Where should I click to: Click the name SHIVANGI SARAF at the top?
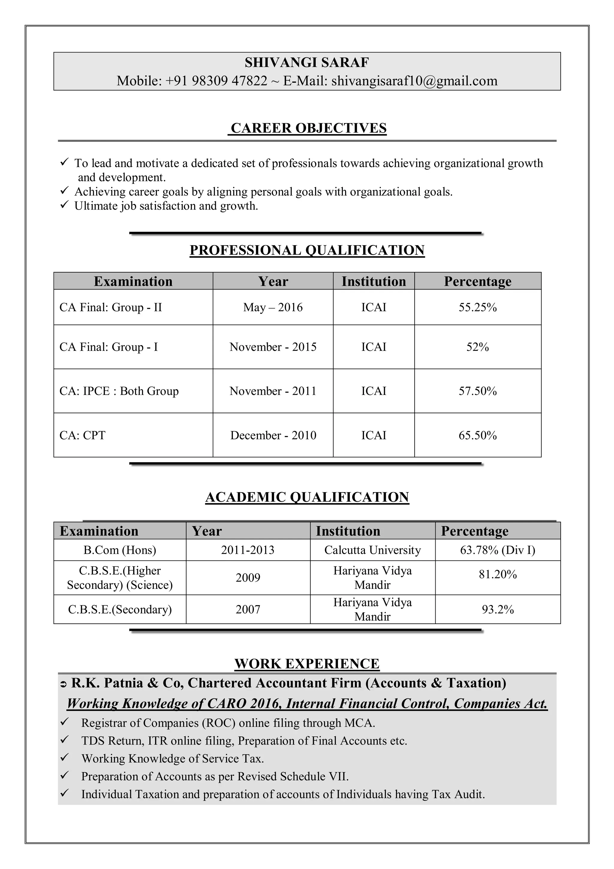click(x=306, y=62)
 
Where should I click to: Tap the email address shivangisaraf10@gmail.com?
click(x=414, y=81)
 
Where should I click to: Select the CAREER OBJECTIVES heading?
click(x=308, y=128)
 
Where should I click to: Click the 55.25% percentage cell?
click(x=477, y=307)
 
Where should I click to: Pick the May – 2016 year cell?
click(x=273, y=307)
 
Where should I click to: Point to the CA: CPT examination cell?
click(x=82, y=435)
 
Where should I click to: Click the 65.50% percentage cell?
click(x=477, y=435)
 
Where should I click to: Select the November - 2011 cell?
click(x=273, y=391)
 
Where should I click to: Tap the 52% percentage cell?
click(x=477, y=347)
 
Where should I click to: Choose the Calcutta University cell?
click(x=372, y=550)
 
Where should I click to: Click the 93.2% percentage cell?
click(x=497, y=609)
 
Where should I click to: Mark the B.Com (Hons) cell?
click(x=120, y=550)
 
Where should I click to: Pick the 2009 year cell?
click(x=248, y=578)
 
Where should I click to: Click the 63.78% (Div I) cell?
click(x=497, y=550)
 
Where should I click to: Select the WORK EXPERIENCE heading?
click(x=307, y=664)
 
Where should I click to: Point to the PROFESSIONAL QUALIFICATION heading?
click(x=307, y=250)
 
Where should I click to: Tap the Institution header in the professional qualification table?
click(x=373, y=282)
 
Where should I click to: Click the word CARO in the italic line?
click(x=226, y=703)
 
